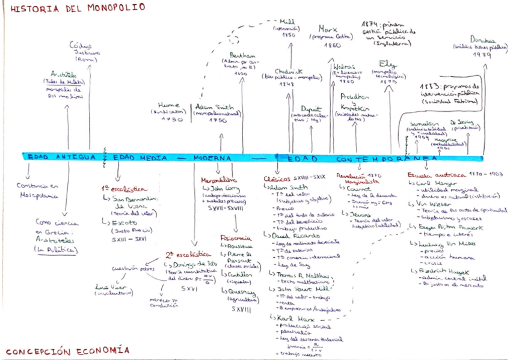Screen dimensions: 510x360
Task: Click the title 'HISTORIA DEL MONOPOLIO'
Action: (x=78, y=8)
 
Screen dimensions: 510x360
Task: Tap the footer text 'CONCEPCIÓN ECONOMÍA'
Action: (x=67, y=350)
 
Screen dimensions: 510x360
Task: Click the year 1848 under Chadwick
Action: (x=286, y=84)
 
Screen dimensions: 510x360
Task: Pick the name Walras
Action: (x=342, y=66)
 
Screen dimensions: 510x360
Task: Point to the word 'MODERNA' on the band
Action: (x=212, y=157)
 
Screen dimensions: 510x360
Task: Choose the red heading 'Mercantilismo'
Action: (x=218, y=179)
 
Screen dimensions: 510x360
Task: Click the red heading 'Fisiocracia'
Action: (x=235, y=239)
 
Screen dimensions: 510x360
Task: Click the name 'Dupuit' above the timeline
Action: (x=312, y=108)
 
